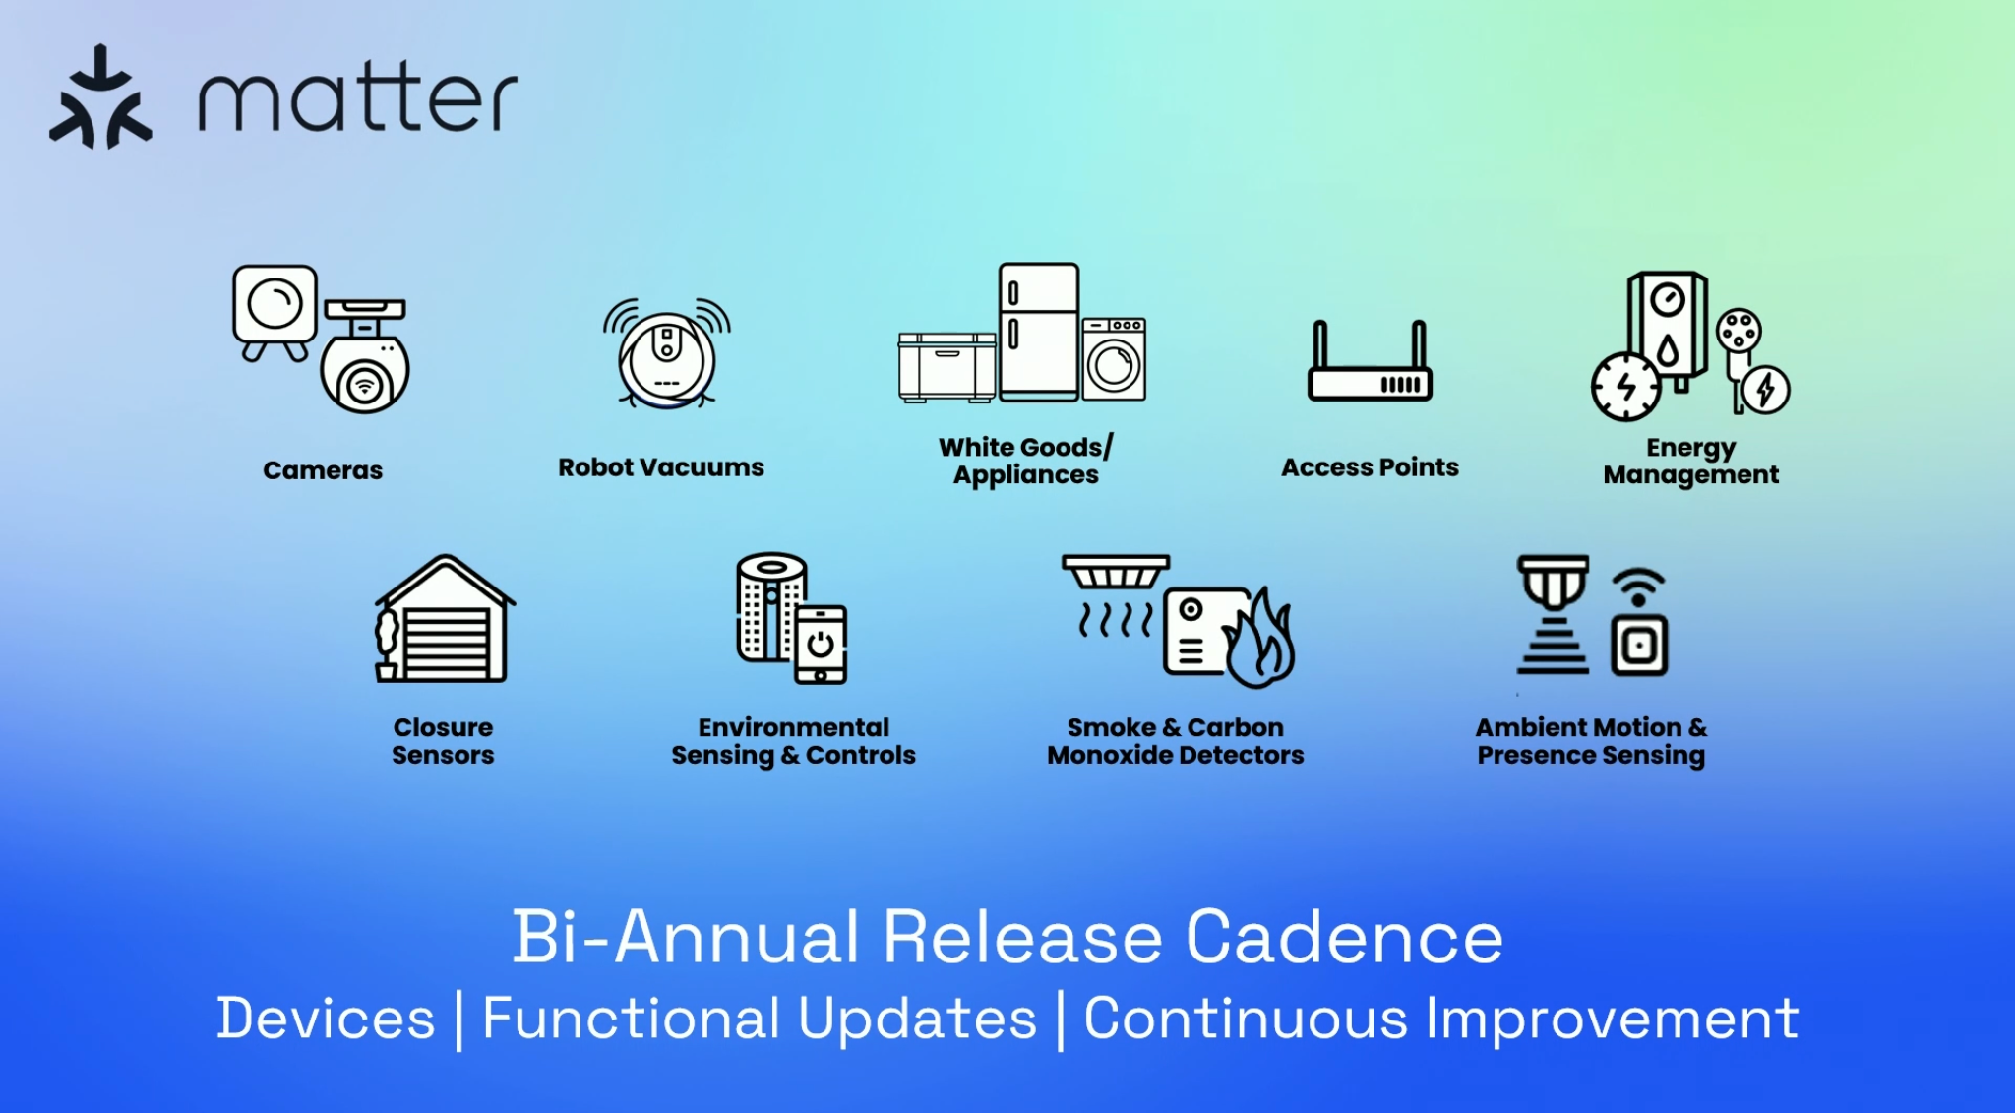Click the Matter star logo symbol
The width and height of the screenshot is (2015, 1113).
(100, 97)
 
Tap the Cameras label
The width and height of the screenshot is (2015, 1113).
(323, 470)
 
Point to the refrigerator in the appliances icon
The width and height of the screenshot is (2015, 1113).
(1039, 332)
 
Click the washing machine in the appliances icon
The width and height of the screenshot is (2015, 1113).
(1114, 359)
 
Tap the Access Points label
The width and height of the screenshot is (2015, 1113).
(1370, 467)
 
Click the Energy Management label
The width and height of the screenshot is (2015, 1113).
(1691, 462)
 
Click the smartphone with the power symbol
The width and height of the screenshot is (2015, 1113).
(821, 645)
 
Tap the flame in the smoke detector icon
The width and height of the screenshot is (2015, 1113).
(1259, 639)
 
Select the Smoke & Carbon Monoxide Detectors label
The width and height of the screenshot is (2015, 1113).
(1176, 741)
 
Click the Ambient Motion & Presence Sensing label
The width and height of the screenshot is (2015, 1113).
(1591, 741)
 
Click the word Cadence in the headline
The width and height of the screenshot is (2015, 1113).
(1344, 937)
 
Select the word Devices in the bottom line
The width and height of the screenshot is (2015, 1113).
(326, 1018)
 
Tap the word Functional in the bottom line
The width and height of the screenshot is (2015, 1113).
(632, 1018)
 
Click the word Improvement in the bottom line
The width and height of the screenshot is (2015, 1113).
(1613, 1020)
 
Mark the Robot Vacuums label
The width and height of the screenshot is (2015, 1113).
(661, 467)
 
